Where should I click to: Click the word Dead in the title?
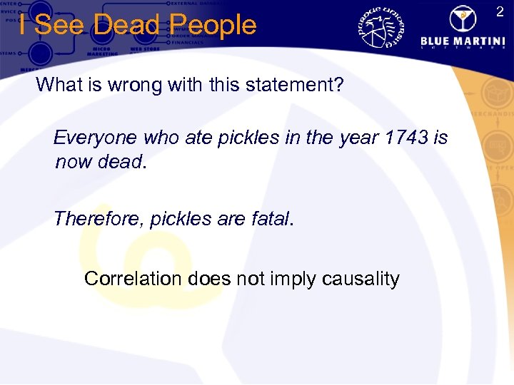click(125, 25)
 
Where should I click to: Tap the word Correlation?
click(133, 278)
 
